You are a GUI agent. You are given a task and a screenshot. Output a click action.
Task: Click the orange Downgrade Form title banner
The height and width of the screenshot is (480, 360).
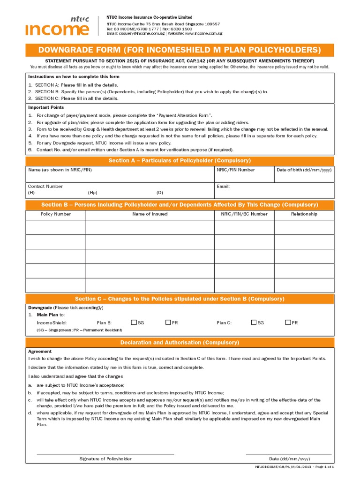[180, 50]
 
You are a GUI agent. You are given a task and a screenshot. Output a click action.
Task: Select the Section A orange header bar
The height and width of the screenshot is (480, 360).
[180, 160]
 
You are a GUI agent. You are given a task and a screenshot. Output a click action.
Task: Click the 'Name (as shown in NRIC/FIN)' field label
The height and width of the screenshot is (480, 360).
[60, 170]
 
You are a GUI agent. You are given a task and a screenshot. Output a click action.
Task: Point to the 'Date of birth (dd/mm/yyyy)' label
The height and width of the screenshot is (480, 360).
[304, 170]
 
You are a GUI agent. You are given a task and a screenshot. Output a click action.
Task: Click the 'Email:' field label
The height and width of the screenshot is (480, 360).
[223, 186]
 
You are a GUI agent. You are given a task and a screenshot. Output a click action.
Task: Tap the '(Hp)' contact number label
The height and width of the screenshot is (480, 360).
[92, 193]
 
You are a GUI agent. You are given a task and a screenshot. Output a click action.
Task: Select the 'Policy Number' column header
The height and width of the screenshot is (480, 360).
[56, 214]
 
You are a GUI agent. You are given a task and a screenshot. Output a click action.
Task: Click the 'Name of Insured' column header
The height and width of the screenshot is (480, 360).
[150, 214]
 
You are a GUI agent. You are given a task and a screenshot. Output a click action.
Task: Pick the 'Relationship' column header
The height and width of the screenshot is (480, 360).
[304, 214]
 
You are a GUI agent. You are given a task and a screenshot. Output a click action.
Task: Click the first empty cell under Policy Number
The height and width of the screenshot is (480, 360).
[56, 227]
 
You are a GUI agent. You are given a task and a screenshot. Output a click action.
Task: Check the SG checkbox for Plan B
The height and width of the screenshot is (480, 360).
[134, 322]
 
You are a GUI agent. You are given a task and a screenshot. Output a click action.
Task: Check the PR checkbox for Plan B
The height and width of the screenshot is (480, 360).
[168, 322]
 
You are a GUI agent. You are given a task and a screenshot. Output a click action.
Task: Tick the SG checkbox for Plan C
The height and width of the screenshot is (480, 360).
[254, 322]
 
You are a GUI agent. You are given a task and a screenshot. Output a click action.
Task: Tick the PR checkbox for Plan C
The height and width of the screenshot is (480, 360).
[288, 322]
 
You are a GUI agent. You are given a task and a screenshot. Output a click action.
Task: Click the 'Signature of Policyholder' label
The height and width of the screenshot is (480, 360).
[105, 459]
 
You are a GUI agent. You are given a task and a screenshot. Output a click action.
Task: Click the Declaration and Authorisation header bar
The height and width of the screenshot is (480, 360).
[180, 343]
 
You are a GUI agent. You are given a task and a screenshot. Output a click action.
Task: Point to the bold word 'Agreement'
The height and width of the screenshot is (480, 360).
[40, 351]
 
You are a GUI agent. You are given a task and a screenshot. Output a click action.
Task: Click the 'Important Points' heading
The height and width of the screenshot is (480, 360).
[46, 107]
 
